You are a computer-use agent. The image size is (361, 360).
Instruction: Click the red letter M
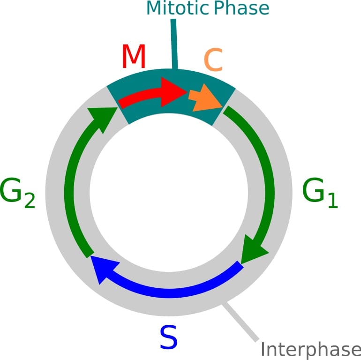point(134,57)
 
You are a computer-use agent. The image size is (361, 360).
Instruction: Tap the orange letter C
point(212,61)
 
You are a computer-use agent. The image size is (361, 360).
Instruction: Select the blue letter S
point(168,337)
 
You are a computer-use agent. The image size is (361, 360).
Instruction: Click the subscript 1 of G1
point(332,200)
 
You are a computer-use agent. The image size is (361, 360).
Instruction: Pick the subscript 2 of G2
point(29,201)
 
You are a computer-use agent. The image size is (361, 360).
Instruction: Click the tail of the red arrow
point(123,102)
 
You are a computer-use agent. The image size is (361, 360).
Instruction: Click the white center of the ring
point(169,192)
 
